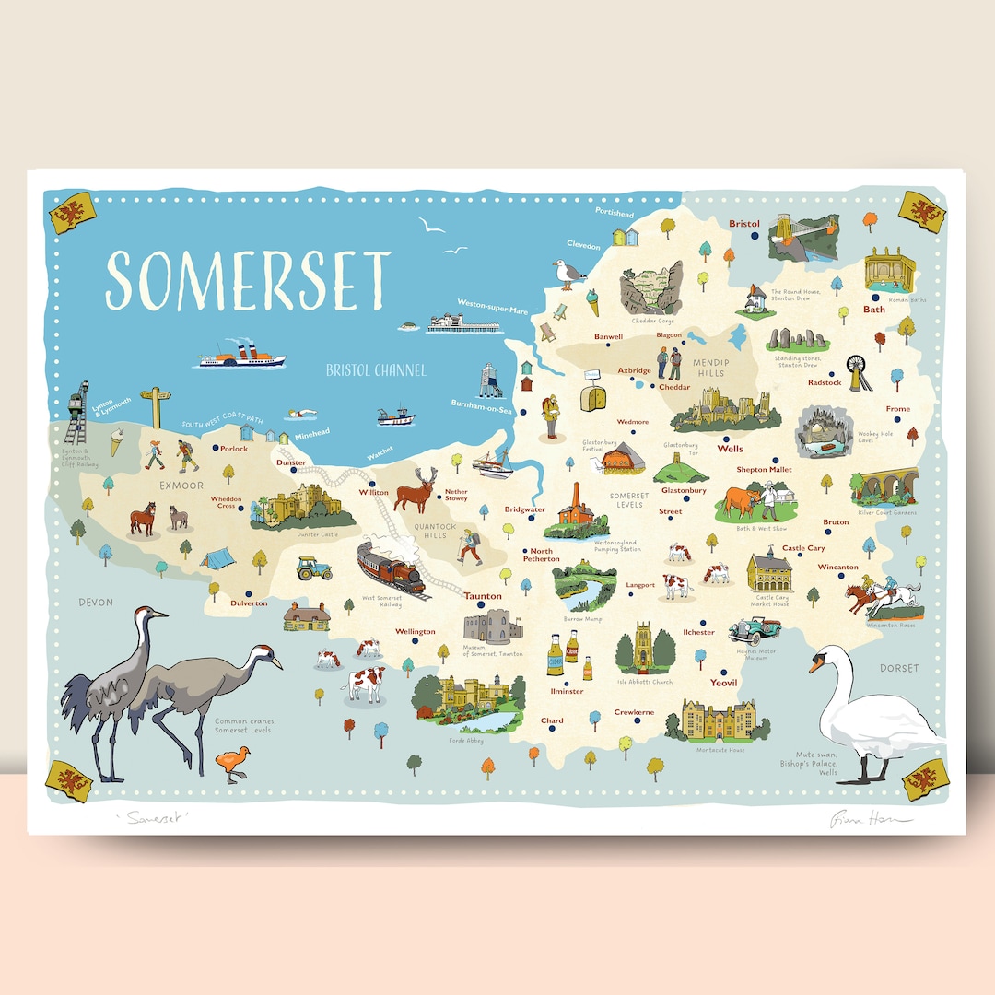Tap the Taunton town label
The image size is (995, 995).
point(483,596)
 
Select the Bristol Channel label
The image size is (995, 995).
point(376,370)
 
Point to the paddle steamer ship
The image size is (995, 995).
point(242,355)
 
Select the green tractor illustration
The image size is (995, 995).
point(314,568)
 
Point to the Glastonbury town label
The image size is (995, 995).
point(684,491)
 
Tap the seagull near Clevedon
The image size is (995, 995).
point(569,274)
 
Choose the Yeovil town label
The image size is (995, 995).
point(724,683)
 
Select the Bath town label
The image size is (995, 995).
point(873,310)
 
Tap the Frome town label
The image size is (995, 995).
point(897,409)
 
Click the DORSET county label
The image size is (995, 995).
point(898,668)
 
